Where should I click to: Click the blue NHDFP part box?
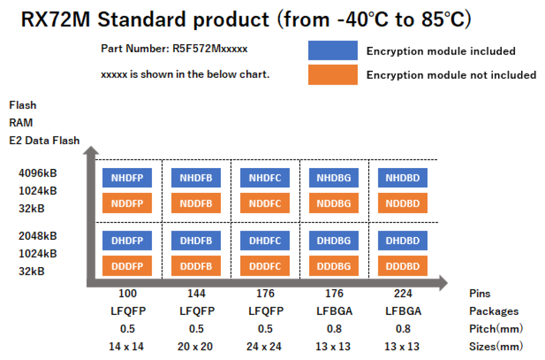pyautogui.click(x=127, y=178)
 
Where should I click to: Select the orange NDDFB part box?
pyautogui.click(x=196, y=203)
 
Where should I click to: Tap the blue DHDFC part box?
pyautogui.click(x=265, y=241)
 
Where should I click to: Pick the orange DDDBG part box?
pyautogui.click(x=334, y=266)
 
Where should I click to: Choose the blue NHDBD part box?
pyautogui.click(x=402, y=178)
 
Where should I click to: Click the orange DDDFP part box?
pyautogui.click(x=127, y=266)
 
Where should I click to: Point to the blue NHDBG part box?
pyautogui.click(x=334, y=178)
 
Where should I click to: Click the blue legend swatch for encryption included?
pyautogui.click(x=333, y=50)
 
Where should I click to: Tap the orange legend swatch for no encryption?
pyautogui.click(x=333, y=75)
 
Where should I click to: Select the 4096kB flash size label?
pyautogui.click(x=38, y=173)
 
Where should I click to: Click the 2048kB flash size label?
pyautogui.click(x=38, y=236)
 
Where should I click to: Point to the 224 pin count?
pyautogui.click(x=403, y=294)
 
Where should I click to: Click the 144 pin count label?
pyautogui.click(x=196, y=294)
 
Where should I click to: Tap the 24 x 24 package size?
pyautogui.click(x=265, y=347)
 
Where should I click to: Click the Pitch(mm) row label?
pyautogui.click(x=496, y=329)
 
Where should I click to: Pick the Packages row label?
pyautogui.click(x=494, y=311)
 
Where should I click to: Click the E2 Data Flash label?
pyautogui.click(x=44, y=141)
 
